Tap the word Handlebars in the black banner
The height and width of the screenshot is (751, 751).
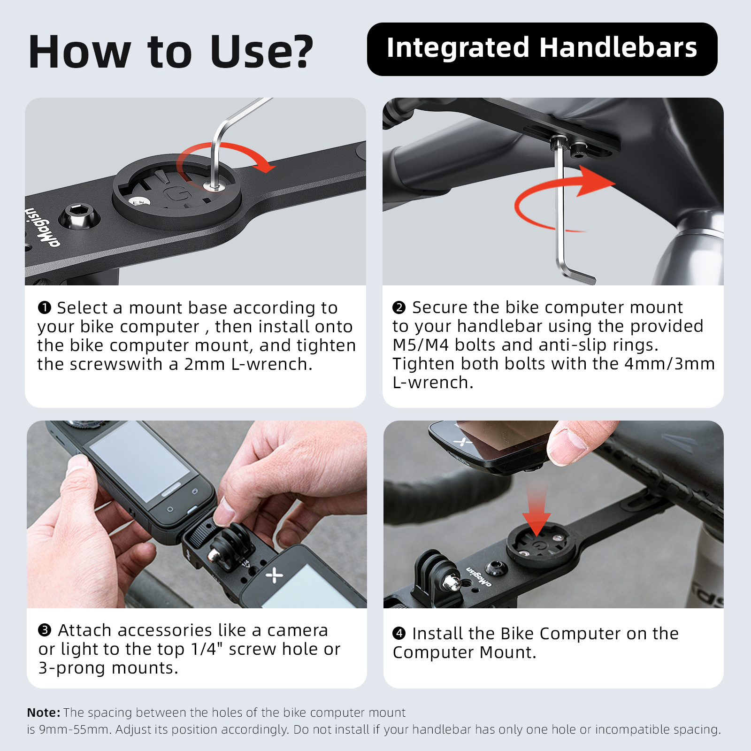point(618,48)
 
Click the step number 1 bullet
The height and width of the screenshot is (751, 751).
point(44,308)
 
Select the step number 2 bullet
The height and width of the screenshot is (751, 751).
point(399,307)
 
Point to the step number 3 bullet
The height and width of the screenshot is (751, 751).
point(45,630)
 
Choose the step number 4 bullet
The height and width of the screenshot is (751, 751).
point(399,633)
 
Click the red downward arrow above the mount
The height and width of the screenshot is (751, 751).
point(536,509)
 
